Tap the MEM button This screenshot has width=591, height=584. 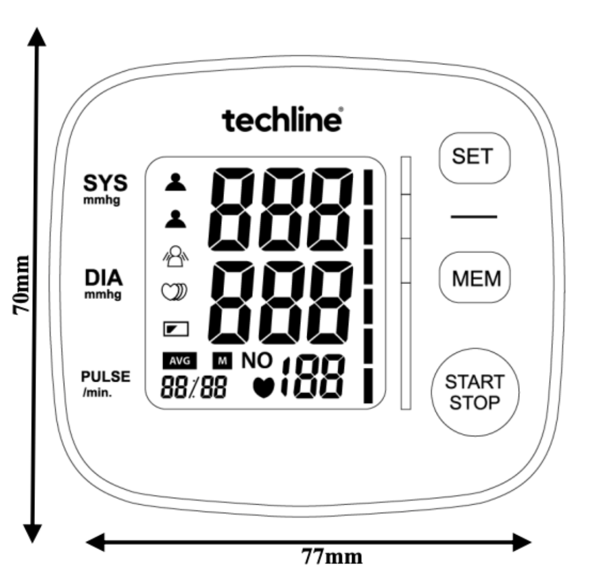pyautogui.click(x=474, y=278)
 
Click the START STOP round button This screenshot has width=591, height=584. pyautogui.click(x=475, y=392)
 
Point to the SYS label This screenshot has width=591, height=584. pyautogui.click(x=105, y=183)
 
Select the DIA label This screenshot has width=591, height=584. pyautogui.click(x=103, y=278)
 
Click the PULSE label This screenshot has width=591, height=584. pyautogui.click(x=106, y=376)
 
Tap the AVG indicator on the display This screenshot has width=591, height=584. pyautogui.click(x=180, y=361)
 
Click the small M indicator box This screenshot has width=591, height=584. pyautogui.click(x=222, y=361)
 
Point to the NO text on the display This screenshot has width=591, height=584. pyautogui.click(x=257, y=360)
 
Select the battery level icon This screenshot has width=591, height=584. pyautogui.click(x=176, y=329)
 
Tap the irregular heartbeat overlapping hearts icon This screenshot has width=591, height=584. pyautogui.click(x=174, y=291)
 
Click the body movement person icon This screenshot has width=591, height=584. pyautogui.click(x=176, y=256)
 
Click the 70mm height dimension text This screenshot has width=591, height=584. pyautogui.click(x=21, y=285)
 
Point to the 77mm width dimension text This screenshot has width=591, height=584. pyautogui.click(x=332, y=556)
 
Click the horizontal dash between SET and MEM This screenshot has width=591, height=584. pyautogui.click(x=474, y=217)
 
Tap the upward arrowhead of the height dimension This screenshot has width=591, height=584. pyautogui.click(x=37, y=37)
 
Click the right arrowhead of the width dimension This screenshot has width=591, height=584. pyautogui.click(x=522, y=542)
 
